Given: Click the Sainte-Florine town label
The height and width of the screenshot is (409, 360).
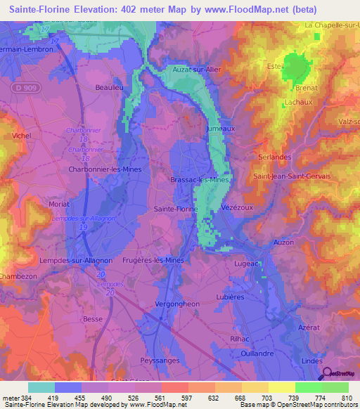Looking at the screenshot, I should [x=175, y=209].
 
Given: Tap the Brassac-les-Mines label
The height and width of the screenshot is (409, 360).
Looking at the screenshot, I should [x=200, y=180].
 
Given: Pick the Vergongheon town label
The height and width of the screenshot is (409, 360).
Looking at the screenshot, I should [x=176, y=304].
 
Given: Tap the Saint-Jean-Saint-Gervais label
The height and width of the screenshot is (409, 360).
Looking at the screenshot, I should [x=292, y=176].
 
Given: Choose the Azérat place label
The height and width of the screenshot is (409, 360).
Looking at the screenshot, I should [x=308, y=329].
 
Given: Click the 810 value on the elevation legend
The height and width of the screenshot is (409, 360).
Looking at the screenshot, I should [x=347, y=398].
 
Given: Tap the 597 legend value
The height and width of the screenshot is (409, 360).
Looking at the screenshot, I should [x=186, y=398].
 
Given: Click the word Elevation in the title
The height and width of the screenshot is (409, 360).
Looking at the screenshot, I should [x=101, y=10].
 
